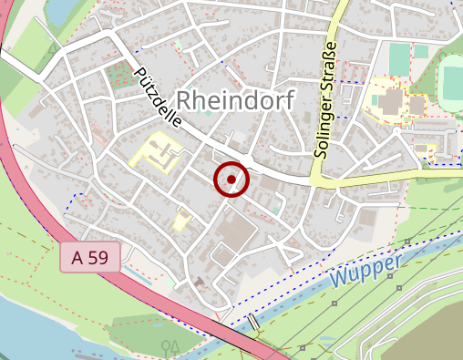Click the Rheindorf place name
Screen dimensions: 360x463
pos(234,101)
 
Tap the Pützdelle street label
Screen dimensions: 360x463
pos(157,97)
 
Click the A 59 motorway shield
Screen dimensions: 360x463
pos(89,258)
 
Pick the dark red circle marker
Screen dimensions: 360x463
pos(231,180)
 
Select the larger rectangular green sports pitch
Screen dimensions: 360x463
pos(400,60)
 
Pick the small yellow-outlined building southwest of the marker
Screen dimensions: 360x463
pos(182,221)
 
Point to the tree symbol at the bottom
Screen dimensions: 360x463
pos(169,347)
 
